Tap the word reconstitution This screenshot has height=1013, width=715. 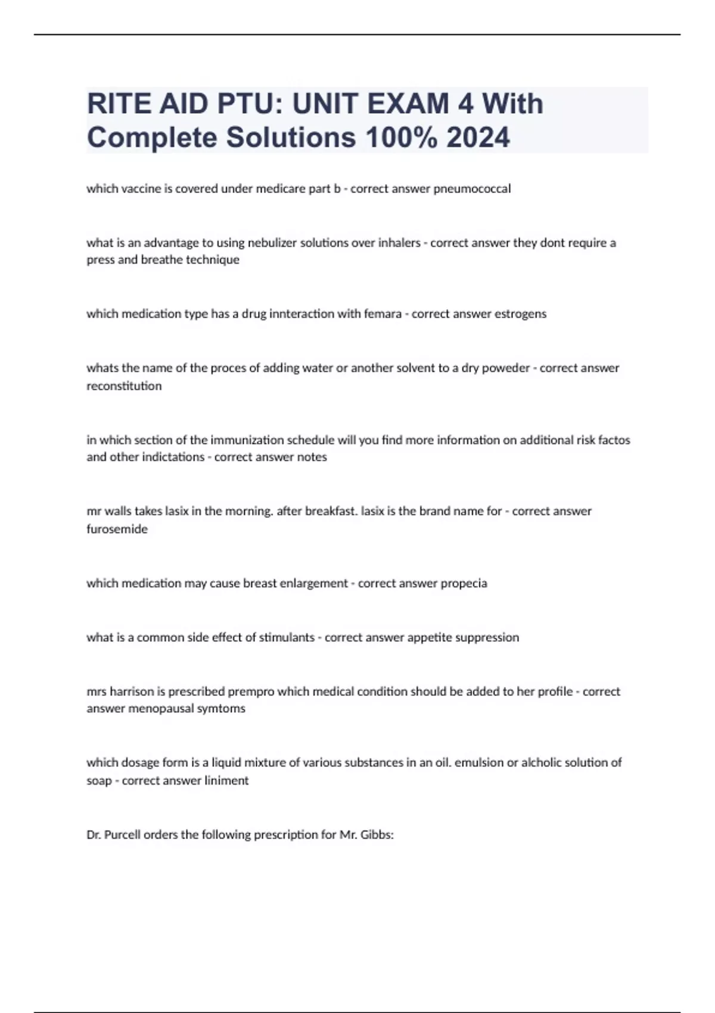[124, 386]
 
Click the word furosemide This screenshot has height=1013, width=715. [117, 529]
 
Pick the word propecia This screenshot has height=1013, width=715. [464, 583]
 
